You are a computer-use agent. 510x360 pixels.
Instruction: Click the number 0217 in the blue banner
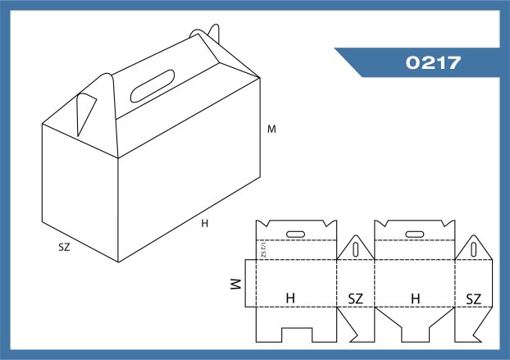[x=433, y=62]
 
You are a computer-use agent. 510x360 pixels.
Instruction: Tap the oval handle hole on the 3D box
[x=153, y=86]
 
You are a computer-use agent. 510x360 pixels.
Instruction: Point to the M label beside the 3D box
[x=271, y=129]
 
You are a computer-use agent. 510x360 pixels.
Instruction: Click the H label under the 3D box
[x=205, y=223]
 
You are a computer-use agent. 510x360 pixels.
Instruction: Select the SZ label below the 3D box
[x=64, y=247]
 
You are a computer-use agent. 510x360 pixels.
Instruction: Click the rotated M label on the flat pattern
[x=235, y=284]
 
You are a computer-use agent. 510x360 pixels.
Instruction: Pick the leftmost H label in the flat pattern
[x=290, y=298]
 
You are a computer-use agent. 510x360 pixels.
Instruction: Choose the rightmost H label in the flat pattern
[x=416, y=298]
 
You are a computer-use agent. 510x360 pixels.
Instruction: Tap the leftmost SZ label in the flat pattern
[x=356, y=298]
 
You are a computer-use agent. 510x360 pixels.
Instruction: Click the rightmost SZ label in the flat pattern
[x=474, y=298]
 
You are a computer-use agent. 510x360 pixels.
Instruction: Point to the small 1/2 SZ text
[x=263, y=250]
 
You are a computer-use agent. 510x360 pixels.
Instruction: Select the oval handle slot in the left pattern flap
[x=295, y=235]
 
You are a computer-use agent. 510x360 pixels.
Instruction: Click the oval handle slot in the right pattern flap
[x=415, y=235]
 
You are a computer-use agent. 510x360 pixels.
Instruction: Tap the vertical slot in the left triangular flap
[x=356, y=250]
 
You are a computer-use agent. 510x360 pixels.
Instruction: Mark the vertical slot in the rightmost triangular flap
[x=474, y=250]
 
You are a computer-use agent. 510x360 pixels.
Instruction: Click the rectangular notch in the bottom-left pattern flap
[x=297, y=335]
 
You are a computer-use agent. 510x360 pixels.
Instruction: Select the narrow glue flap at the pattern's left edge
[x=250, y=283]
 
